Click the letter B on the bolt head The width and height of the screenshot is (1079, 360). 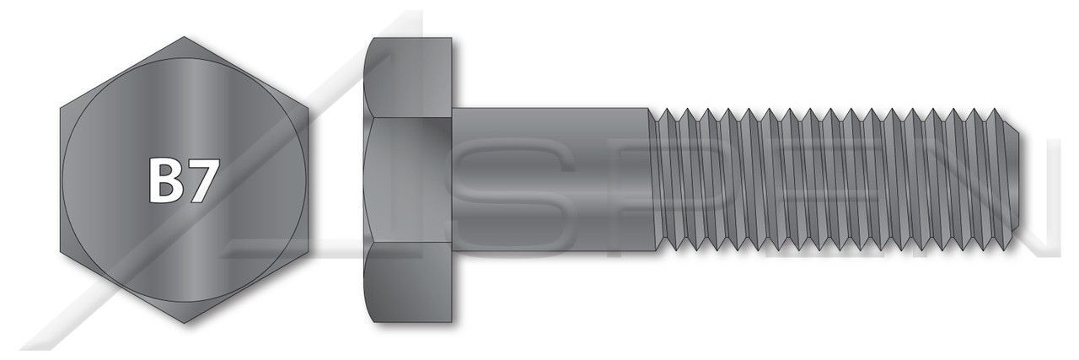[165, 181]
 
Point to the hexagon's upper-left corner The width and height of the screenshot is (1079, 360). [60, 108]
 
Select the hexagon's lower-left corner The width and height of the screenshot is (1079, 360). [60, 251]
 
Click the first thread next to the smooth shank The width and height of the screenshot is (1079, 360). [661, 180]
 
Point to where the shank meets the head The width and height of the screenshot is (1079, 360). [454, 180]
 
